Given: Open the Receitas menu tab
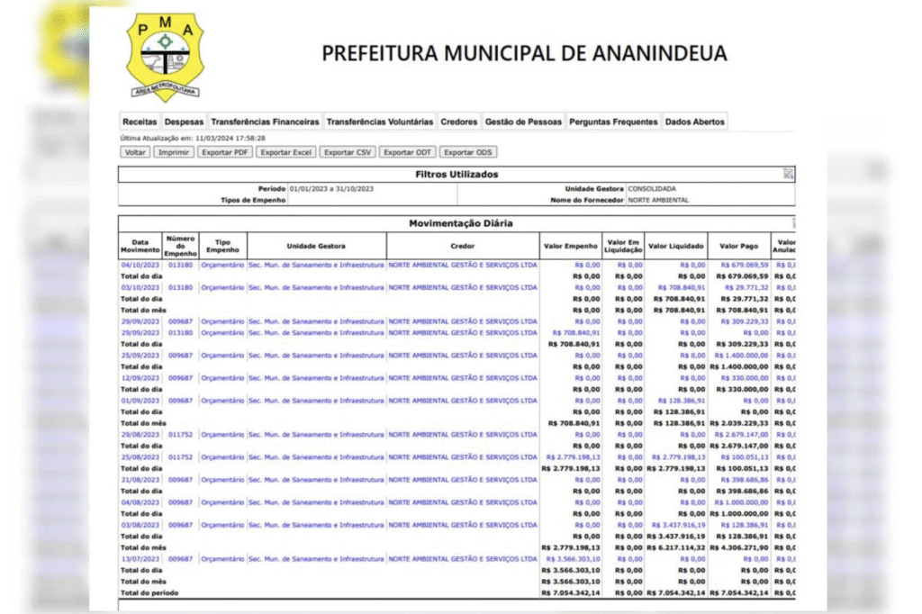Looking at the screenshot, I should (140, 122).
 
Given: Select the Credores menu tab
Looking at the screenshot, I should (459, 122).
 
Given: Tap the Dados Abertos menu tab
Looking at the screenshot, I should (694, 122).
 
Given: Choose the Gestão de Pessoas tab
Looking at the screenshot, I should (523, 122).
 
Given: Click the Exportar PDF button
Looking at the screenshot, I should (225, 152).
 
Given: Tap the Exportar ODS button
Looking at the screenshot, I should (468, 152).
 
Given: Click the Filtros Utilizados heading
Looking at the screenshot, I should (456, 174).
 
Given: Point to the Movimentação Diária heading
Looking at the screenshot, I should (461, 223).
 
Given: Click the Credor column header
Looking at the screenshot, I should (463, 245).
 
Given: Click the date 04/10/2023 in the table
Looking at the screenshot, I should (140, 266).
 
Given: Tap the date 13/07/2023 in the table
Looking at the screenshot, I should (140, 559).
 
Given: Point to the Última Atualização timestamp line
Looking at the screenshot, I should (193, 138).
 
